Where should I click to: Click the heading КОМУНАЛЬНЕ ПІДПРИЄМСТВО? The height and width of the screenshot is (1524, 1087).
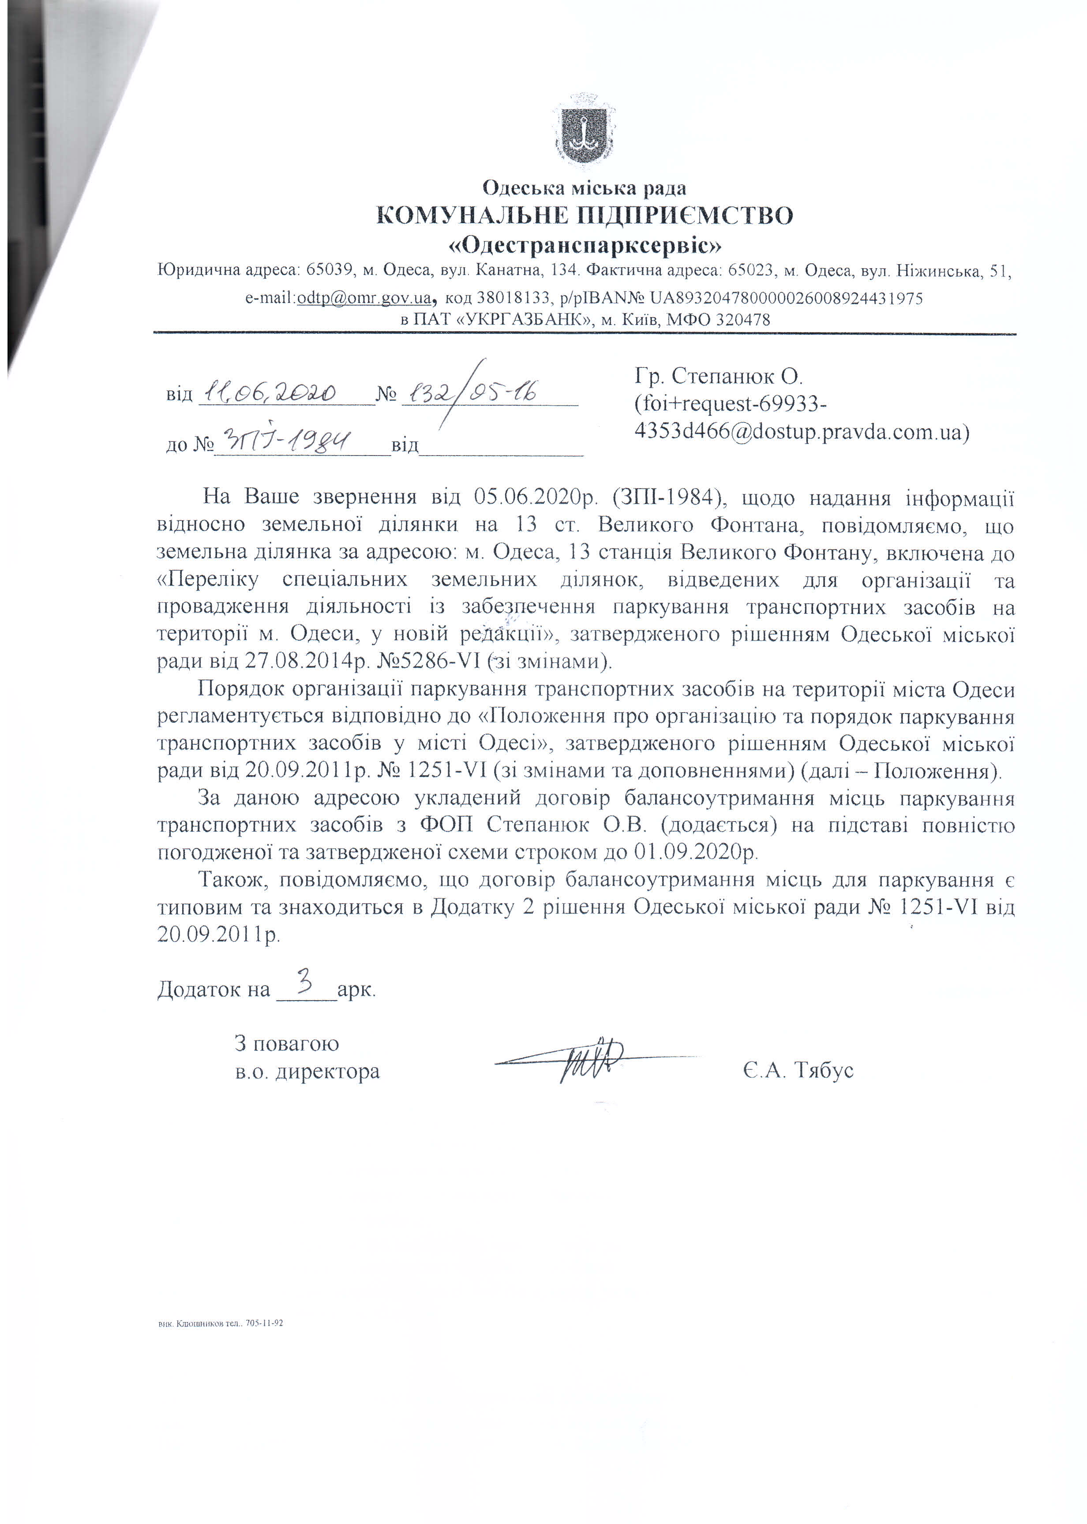click(585, 216)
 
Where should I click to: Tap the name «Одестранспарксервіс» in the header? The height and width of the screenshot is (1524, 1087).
click(585, 246)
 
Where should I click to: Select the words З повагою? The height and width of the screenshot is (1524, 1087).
click(286, 1043)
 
